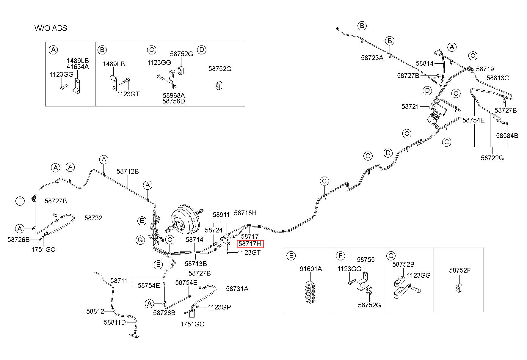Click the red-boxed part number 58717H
(x=250, y=244)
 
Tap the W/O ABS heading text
(x=51, y=28)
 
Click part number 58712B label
(x=128, y=172)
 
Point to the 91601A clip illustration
(x=310, y=291)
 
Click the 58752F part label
(x=460, y=270)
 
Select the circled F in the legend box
(x=341, y=256)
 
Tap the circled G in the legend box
(x=391, y=256)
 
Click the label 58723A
(x=372, y=58)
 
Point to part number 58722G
(x=492, y=158)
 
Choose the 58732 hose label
(x=93, y=218)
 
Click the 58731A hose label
(x=237, y=289)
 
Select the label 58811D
(x=115, y=322)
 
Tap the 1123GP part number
(x=219, y=307)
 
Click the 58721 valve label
(x=410, y=106)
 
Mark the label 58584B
(x=507, y=136)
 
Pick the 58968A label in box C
(x=174, y=95)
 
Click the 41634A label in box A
(x=78, y=67)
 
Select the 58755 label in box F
(x=366, y=260)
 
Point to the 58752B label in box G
(x=403, y=264)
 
